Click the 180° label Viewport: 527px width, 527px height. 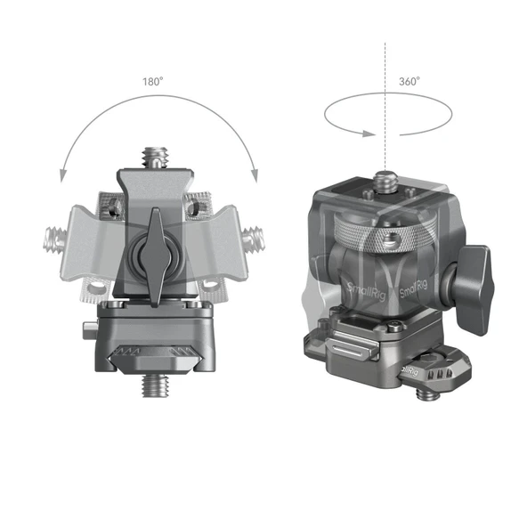[x=152, y=80]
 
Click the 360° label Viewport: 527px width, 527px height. [x=410, y=80]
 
